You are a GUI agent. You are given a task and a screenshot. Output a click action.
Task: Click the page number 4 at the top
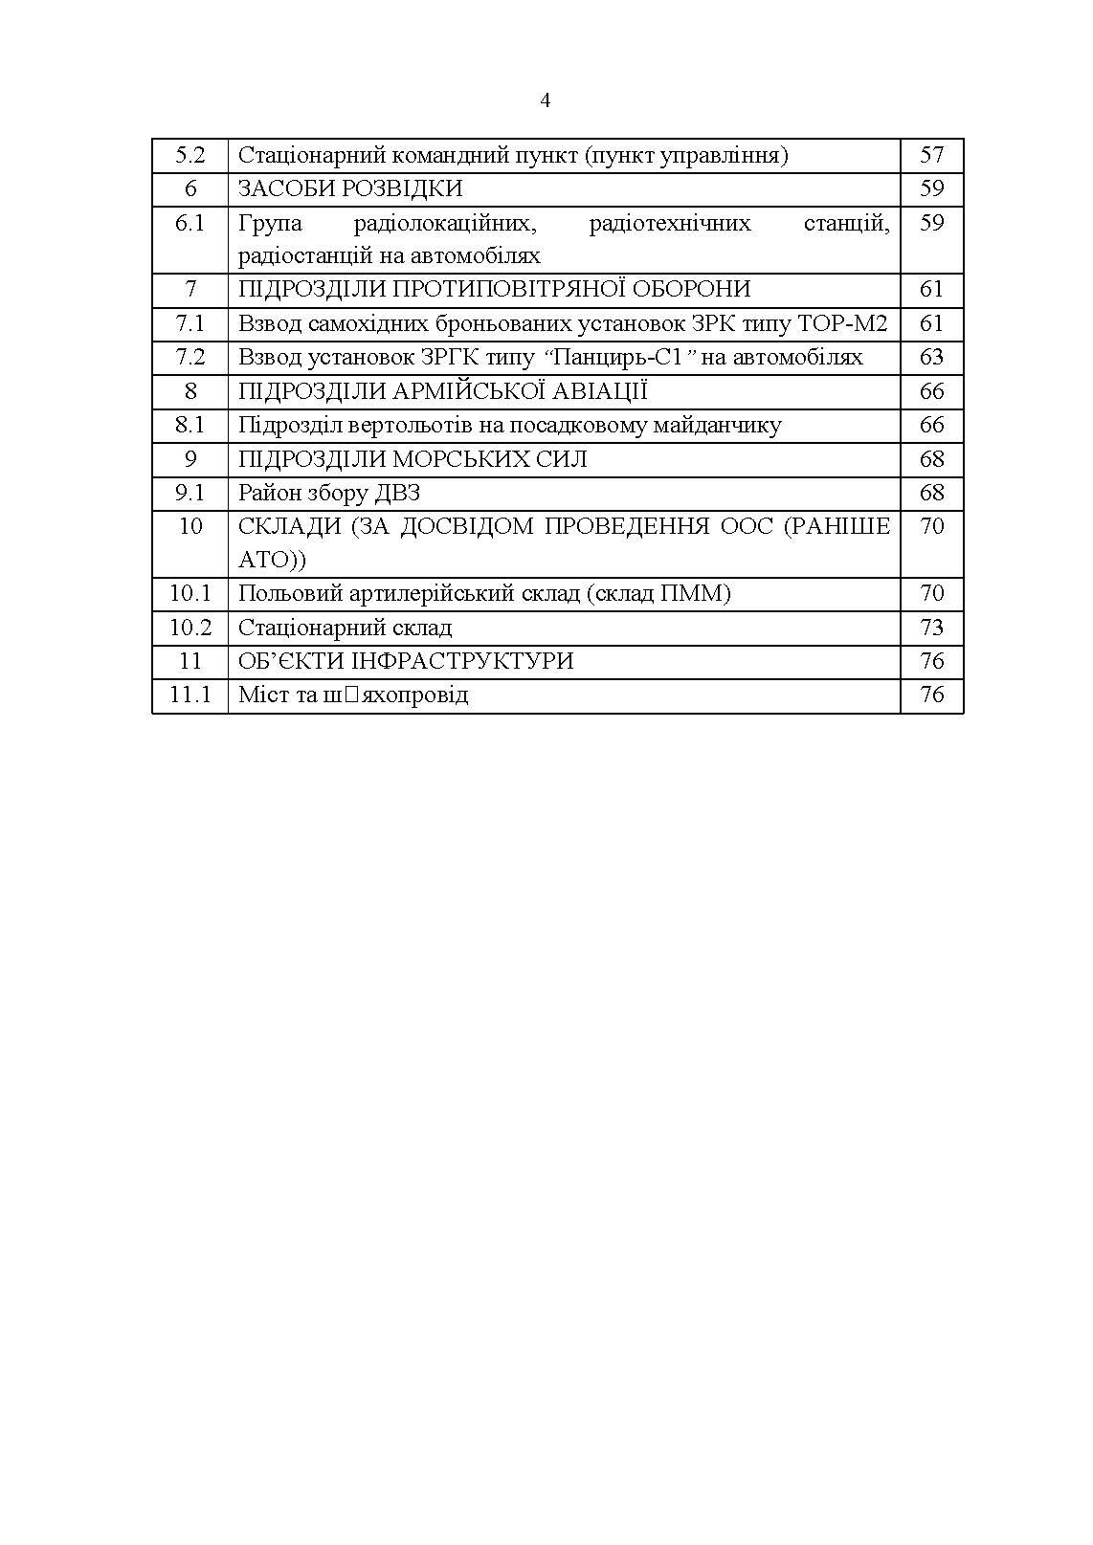point(546,100)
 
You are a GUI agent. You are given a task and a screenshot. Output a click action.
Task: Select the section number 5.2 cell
point(190,155)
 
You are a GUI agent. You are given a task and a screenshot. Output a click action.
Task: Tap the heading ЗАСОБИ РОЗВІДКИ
point(350,188)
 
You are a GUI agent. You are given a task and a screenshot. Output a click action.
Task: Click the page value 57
point(931,155)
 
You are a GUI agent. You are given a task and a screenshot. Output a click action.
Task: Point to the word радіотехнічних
point(670,223)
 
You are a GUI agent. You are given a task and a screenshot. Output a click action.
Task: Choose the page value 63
point(931,357)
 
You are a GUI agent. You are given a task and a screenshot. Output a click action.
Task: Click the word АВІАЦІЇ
point(597,390)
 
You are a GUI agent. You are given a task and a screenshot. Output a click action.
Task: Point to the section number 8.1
point(190,425)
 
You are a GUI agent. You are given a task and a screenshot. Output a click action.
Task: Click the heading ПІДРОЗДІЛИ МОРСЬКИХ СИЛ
point(413,459)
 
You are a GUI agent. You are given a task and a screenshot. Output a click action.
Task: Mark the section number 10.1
point(190,593)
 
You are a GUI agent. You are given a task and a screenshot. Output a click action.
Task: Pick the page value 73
point(931,628)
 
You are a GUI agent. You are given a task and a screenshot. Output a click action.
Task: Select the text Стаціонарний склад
point(345,628)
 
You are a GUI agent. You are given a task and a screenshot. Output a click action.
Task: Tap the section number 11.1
point(190,695)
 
